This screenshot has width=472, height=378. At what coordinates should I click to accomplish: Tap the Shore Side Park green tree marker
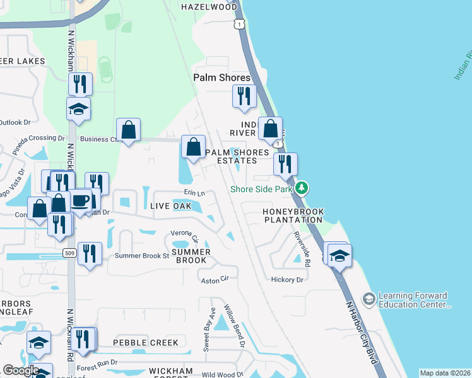click(x=302, y=188)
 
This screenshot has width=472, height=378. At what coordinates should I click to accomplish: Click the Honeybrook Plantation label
click(x=293, y=216)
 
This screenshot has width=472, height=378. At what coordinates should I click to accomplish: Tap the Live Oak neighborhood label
click(x=170, y=206)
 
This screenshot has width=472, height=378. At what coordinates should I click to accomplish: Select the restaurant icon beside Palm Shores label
click(x=244, y=96)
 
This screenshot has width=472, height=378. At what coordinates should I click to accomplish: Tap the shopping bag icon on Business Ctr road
click(x=129, y=130)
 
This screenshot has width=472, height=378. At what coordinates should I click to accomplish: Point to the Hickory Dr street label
click(x=286, y=279)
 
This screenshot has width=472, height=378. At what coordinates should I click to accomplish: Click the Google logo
click(x=21, y=370)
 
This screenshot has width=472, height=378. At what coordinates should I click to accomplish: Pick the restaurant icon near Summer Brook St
click(x=90, y=253)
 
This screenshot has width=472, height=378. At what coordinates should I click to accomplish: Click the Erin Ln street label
click(x=195, y=193)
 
